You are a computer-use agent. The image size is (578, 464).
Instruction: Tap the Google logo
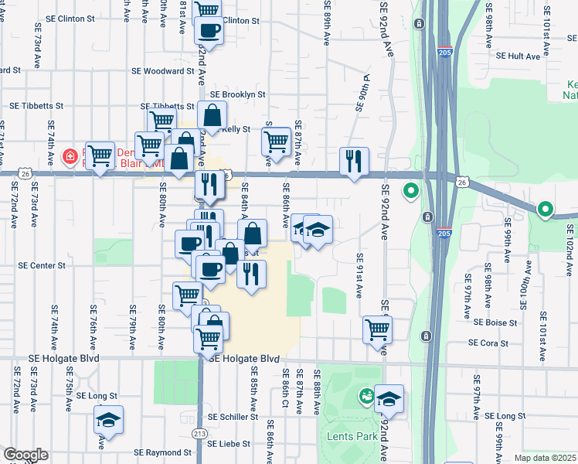[25, 455]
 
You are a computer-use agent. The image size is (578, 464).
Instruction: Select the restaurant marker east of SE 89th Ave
[354, 161]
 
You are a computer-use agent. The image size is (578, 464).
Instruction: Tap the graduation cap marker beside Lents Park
[389, 398]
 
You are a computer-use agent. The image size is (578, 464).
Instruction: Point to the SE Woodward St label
[163, 71]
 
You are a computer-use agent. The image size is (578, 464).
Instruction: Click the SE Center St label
[42, 265]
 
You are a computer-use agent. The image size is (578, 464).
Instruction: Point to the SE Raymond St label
[162, 452]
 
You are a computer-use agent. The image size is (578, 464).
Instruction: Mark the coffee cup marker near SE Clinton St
[209, 31]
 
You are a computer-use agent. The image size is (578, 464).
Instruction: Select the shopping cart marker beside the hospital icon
[100, 156]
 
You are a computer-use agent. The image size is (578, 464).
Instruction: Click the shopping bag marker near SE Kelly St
[212, 116]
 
